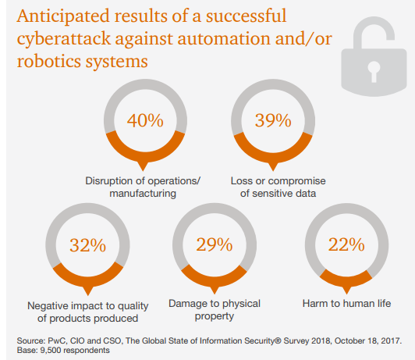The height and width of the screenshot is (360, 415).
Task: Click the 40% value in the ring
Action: coord(145,120)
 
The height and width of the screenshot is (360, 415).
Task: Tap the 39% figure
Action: coord(273,120)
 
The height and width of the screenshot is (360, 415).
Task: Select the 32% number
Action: coord(87,245)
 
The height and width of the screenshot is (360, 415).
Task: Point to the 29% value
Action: coord(215,244)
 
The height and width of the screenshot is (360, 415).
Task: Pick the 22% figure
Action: coord(346,244)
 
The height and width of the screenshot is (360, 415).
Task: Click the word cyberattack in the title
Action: coord(64,39)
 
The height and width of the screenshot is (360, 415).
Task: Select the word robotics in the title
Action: coord(48,61)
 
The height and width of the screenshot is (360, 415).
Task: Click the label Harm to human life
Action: coord(346,303)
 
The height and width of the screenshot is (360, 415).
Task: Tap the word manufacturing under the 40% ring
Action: coord(143,194)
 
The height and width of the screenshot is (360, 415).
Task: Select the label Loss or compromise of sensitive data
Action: coord(278,187)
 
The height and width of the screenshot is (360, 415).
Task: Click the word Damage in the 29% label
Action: coord(187,304)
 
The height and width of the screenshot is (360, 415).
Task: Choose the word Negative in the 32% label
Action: coord(48,305)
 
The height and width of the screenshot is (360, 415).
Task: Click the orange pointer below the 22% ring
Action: coord(346,290)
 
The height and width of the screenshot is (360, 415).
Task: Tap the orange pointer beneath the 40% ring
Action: coord(144,166)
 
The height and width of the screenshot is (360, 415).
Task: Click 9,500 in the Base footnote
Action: coord(49,350)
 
